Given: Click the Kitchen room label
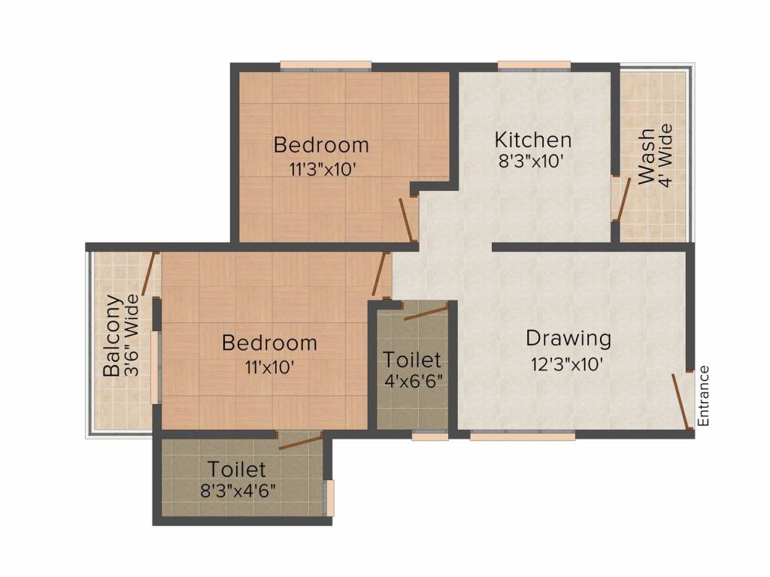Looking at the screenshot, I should (x=532, y=140).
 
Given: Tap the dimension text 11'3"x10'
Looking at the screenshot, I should (x=321, y=169).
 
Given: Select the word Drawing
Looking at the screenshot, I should (x=568, y=338).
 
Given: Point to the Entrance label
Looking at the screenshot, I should (x=704, y=396).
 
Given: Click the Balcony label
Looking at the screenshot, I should (x=112, y=336).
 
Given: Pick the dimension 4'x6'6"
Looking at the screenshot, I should (x=412, y=381).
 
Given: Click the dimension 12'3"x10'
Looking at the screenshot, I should (x=568, y=365).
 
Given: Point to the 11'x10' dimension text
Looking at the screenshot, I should (x=268, y=367).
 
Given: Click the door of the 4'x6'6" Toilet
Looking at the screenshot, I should (x=425, y=311).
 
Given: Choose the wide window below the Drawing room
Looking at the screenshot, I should (x=522, y=436).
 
